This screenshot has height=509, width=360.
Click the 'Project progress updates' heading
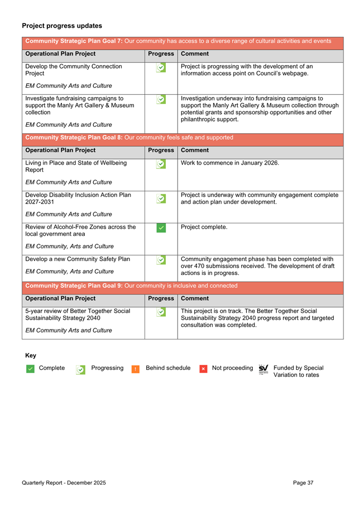click(62, 26)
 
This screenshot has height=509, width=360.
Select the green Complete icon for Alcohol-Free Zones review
click(161, 228)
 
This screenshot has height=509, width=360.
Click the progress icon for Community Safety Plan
click(161, 260)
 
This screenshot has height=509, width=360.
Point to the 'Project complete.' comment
click(204, 227)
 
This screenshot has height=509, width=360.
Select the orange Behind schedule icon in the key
click(135, 369)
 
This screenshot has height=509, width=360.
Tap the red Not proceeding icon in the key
click(203, 369)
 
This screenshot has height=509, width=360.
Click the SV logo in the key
click(263, 369)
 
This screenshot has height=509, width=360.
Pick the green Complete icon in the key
click(30, 369)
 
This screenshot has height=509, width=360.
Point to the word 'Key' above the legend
click(30, 355)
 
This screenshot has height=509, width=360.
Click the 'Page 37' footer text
click(303, 483)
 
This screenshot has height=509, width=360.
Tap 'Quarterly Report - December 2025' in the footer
click(64, 483)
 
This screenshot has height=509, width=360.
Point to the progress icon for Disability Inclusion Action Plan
click(161, 198)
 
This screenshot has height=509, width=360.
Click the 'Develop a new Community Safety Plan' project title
click(78, 260)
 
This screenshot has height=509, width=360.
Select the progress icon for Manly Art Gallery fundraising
click(161, 100)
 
